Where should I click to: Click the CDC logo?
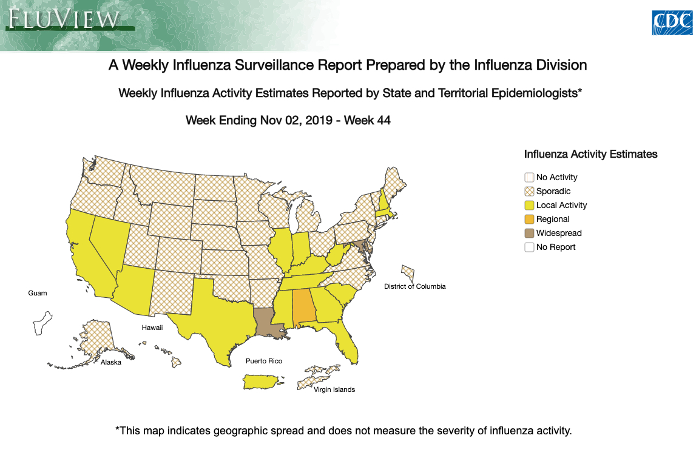click(672, 22)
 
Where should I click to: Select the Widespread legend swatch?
click(529, 233)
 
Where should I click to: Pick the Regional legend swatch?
click(529, 219)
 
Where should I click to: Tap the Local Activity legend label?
click(561, 205)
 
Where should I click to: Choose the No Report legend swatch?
click(529, 247)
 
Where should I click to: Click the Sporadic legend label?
click(553, 191)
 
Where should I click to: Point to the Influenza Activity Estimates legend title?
click(590, 154)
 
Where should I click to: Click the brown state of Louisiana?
click(267, 322)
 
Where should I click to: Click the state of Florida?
click(346, 343)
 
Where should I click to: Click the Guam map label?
click(37, 293)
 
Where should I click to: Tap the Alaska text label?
click(111, 362)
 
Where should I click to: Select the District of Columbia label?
click(414, 286)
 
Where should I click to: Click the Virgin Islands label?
click(334, 389)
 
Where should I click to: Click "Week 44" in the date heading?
click(367, 120)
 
